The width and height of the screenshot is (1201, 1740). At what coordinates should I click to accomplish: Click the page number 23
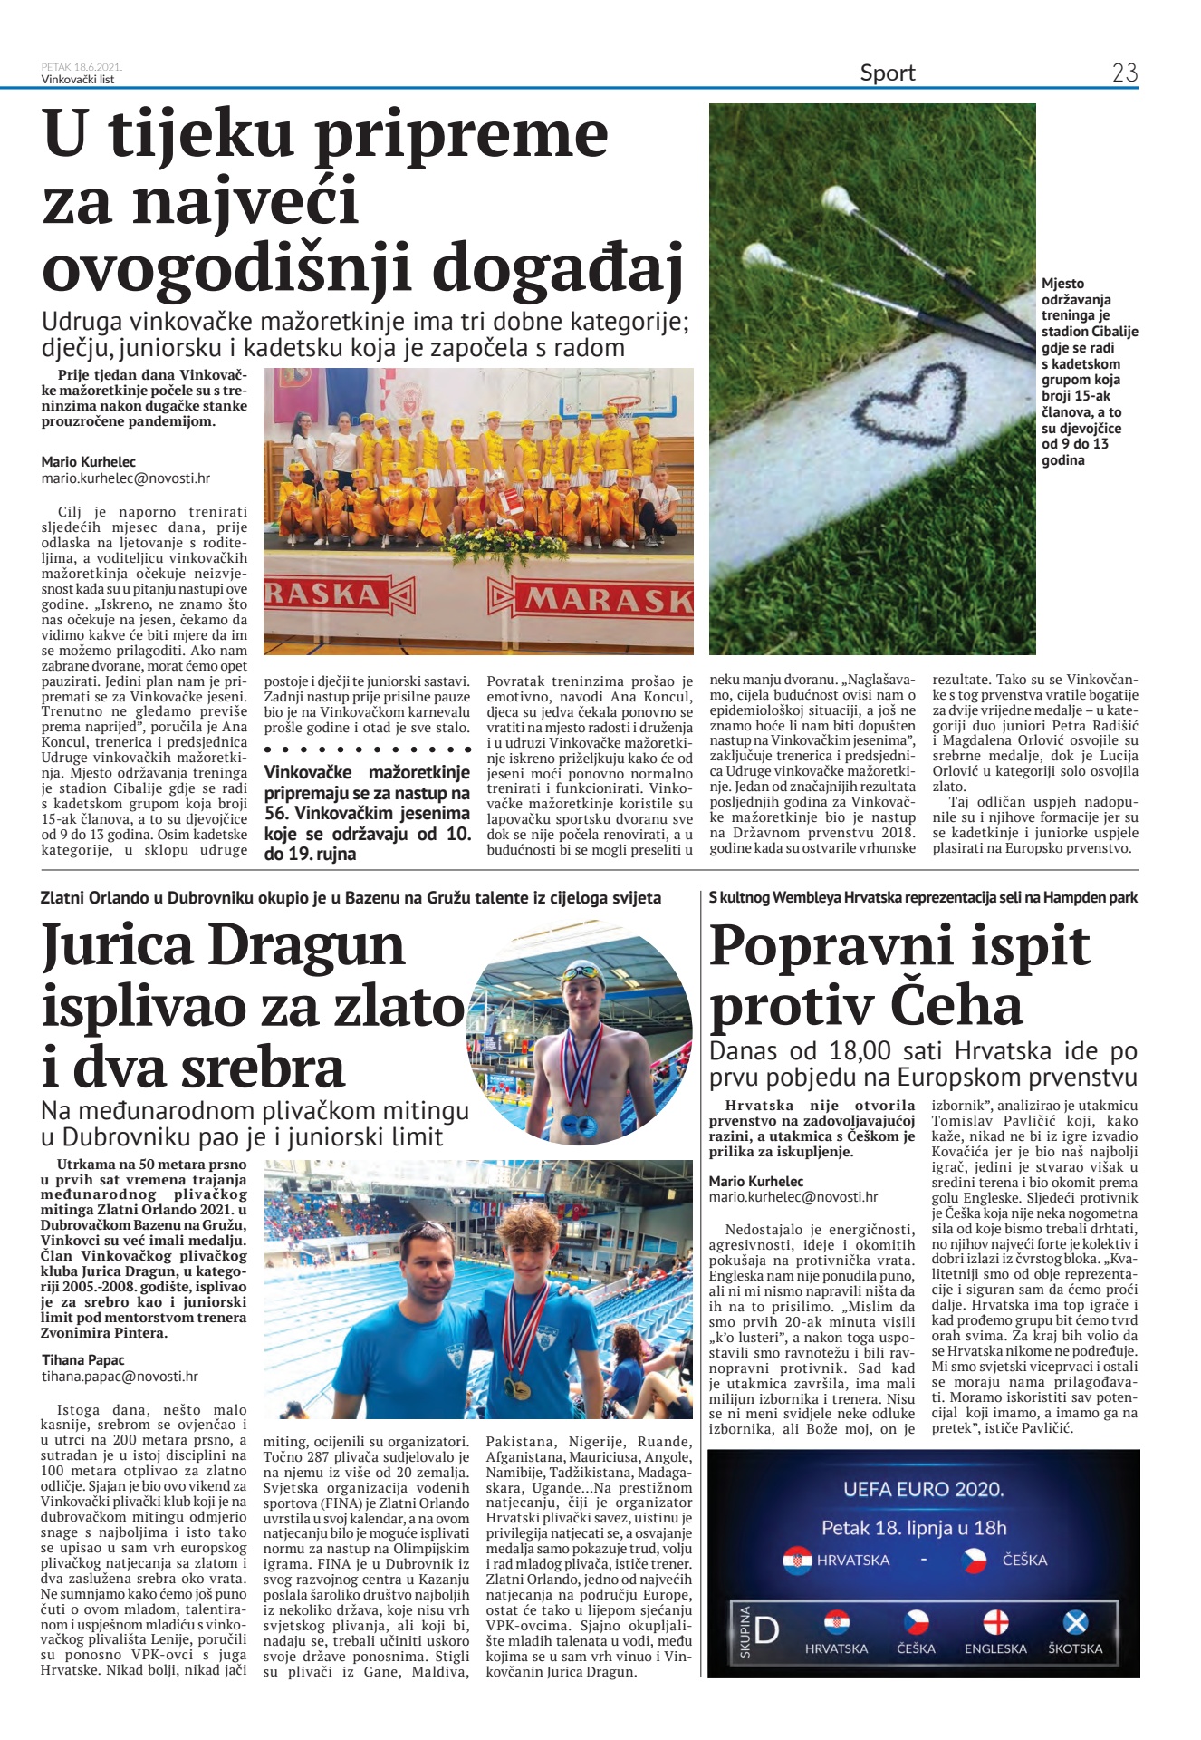1124,72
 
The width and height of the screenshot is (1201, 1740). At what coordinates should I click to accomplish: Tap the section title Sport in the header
887,72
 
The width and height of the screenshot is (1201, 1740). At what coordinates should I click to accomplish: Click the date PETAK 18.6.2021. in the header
82,66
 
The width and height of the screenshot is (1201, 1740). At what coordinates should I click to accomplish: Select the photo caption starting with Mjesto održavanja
1088,372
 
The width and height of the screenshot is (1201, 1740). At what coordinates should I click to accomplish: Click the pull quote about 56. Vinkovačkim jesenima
367,812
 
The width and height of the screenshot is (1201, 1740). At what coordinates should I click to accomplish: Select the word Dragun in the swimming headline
306,945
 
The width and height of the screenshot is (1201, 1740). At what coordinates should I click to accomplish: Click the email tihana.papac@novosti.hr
120,1376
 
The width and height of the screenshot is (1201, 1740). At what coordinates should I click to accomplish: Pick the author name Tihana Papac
83,1359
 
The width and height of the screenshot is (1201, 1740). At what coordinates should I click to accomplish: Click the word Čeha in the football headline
956,1006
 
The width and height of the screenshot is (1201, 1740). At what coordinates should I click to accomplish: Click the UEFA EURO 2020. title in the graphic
923,1489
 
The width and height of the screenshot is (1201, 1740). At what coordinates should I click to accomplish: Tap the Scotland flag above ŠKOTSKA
1075,1621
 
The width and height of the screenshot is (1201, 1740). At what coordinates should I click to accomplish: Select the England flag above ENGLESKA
995,1621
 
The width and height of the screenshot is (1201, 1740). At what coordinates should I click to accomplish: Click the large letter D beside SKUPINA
766,1630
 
